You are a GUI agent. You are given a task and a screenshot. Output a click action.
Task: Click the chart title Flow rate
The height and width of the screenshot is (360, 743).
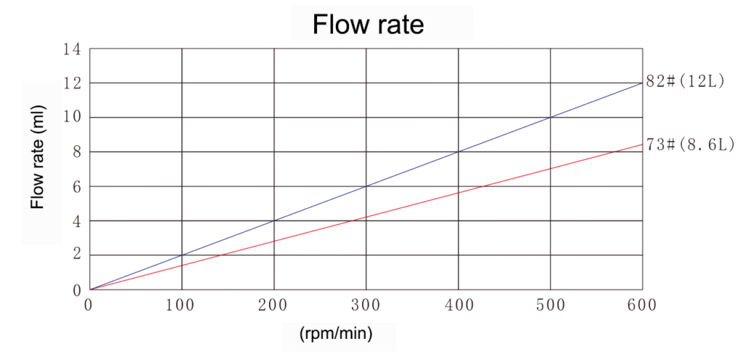368,25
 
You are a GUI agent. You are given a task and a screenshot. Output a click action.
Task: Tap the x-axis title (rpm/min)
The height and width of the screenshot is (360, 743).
335,334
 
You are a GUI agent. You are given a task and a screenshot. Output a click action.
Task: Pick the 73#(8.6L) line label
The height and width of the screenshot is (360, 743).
690,144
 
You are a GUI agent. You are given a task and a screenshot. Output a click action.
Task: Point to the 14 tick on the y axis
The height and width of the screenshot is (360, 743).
73,49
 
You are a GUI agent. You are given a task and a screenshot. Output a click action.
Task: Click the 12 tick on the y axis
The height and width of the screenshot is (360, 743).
73,83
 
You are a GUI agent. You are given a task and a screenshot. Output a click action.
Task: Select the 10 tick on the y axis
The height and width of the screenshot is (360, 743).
73,118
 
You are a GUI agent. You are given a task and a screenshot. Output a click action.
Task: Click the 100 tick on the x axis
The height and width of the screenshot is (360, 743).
181,306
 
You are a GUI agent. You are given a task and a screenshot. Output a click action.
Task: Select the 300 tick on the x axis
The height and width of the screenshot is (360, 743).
365,306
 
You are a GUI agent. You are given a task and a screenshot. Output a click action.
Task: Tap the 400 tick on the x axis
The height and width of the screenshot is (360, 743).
457,306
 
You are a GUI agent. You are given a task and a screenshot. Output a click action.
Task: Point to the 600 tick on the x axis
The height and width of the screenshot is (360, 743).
641,306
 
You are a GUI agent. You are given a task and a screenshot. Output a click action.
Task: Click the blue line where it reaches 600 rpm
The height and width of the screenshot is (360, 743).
642,83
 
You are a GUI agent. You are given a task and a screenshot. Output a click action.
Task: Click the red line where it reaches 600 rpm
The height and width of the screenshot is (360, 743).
642,144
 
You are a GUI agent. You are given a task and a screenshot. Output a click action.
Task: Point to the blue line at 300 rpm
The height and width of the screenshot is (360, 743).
366,187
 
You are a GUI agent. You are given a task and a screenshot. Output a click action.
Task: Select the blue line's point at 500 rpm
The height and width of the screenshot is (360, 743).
550,118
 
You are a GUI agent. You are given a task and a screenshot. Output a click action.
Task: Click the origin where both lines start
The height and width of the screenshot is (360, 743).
89,290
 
